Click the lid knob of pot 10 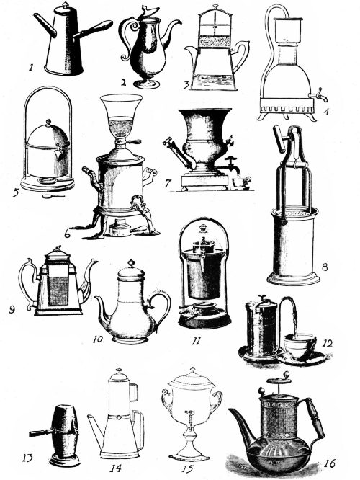click(x=131, y=264)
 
